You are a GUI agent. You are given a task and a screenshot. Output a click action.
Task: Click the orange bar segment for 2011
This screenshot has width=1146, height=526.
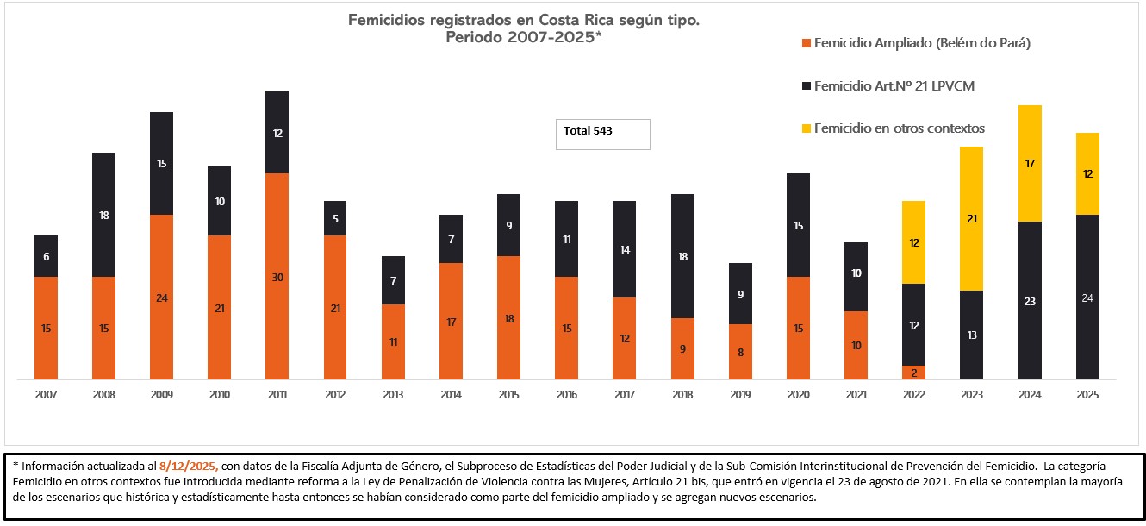click(x=277, y=276)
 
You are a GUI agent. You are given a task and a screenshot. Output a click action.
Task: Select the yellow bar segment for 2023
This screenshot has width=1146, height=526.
click(x=971, y=218)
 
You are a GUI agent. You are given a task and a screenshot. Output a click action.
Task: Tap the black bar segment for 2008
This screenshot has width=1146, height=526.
click(x=103, y=215)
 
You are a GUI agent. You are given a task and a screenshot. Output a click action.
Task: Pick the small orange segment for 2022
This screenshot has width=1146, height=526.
click(x=913, y=373)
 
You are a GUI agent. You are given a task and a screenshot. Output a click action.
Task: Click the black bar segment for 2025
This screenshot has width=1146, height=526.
click(x=1087, y=297)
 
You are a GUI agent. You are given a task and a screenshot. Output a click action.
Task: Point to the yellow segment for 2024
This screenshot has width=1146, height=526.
click(x=1030, y=163)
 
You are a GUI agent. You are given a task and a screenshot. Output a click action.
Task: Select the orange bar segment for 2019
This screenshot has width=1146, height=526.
click(x=740, y=352)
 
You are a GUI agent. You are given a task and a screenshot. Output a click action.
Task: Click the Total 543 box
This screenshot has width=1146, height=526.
click(x=602, y=134)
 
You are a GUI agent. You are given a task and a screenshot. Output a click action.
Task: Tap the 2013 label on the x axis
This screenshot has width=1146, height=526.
click(x=393, y=394)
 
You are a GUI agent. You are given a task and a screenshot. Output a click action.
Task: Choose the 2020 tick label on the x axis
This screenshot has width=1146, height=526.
click(x=799, y=394)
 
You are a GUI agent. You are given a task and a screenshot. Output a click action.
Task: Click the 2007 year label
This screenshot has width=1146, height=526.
click(x=46, y=394)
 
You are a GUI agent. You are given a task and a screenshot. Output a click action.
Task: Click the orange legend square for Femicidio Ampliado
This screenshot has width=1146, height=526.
click(x=806, y=43)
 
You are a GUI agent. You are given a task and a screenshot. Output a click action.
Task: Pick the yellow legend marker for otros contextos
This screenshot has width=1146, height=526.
click(x=806, y=128)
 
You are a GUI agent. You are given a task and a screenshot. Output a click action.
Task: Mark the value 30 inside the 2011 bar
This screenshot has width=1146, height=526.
click(x=277, y=277)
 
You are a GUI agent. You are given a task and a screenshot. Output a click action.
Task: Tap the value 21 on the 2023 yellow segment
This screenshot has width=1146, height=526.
click(x=971, y=219)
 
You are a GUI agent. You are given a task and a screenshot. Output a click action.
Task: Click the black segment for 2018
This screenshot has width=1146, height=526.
click(x=682, y=256)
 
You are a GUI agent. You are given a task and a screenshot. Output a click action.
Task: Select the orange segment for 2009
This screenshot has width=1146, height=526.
click(x=161, y=297)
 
